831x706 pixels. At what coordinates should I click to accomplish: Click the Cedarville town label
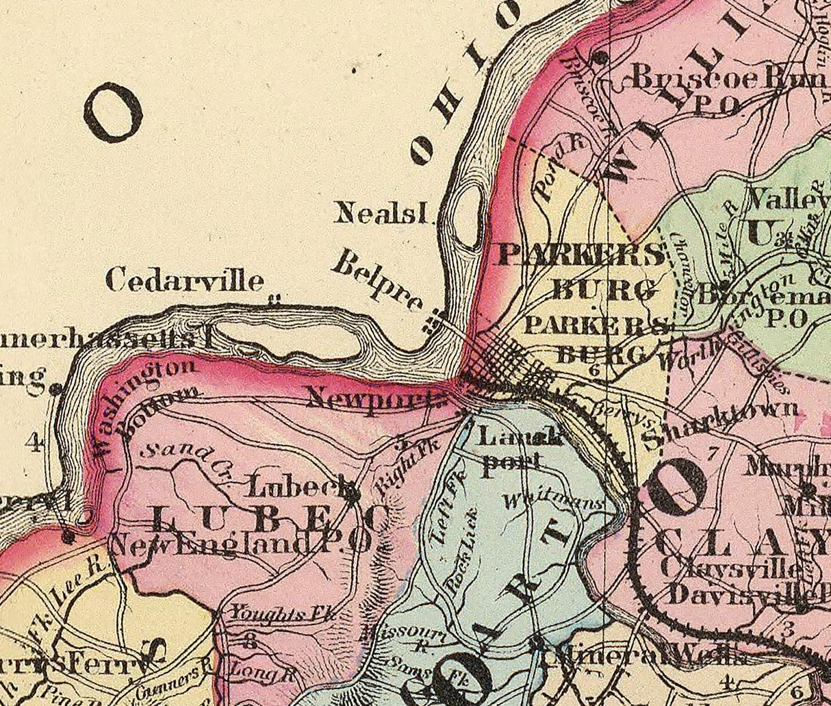click(x=185, y=281)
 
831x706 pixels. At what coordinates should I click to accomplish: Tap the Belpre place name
click(x=377, y=281)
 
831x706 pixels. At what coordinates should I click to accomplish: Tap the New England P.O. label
click(x=240, y=545)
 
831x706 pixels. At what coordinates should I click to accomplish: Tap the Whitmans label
click(x=554, y=502)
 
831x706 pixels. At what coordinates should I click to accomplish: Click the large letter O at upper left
click(x=113, y=112)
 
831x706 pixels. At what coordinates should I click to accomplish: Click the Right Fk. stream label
click(x=394, y=472)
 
